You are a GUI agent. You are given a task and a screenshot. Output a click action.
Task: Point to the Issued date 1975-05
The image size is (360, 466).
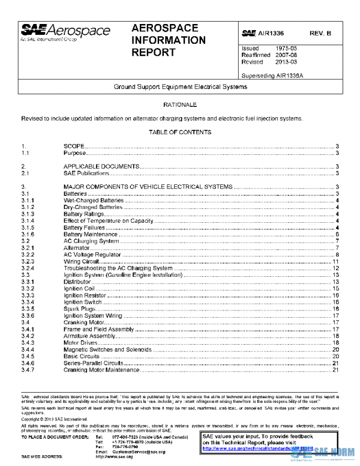[286, 48]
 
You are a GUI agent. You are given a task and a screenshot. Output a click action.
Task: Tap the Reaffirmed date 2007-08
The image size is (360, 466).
[286, 55]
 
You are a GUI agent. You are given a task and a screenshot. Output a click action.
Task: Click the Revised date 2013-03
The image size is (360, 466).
[286, 62]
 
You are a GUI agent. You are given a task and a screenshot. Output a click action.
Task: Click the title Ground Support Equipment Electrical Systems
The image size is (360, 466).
[180, 87]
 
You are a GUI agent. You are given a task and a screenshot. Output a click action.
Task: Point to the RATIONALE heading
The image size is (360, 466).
[180, 105]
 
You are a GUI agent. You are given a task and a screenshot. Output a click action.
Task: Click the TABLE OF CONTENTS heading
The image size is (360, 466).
[180, 132]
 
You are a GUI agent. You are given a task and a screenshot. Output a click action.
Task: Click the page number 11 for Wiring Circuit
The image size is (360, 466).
[337, 262]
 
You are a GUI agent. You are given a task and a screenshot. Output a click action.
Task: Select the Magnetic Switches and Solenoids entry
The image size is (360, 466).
[109, 349]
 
